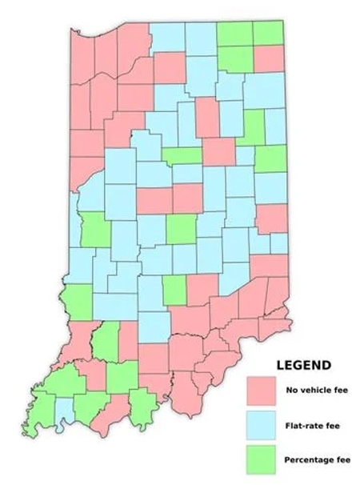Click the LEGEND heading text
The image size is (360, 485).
tap(303, 365)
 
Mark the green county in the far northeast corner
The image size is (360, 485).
tap(269, 33)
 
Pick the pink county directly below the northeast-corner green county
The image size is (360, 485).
tap(269, 58)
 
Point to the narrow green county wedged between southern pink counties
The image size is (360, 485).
tap(106, 341)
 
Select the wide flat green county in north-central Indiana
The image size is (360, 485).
tap(182, 155)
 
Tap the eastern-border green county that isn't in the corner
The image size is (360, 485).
tap(270, 158)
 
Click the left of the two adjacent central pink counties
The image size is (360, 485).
tap(154, 200)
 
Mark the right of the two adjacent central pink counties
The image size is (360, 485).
tap(188, 198)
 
